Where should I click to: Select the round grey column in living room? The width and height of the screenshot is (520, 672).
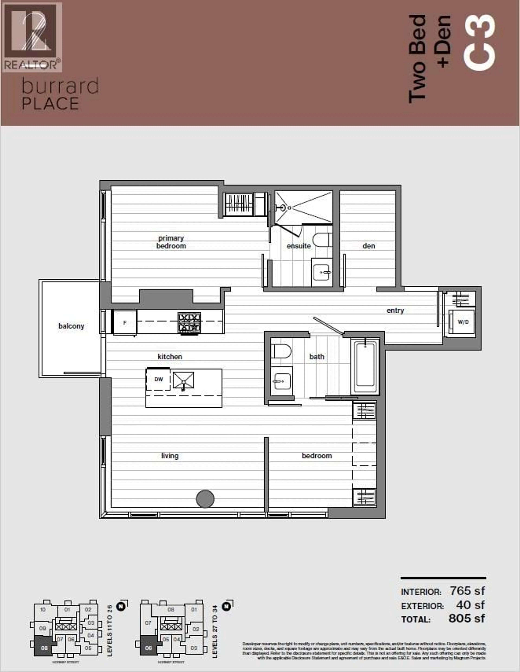click(205, 499)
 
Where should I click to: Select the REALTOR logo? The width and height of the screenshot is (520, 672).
click(32, 37)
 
